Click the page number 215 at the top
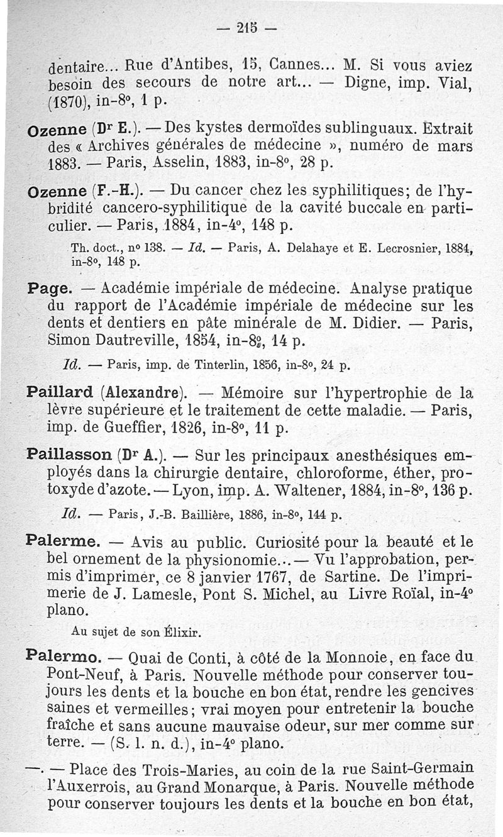pos(250,28)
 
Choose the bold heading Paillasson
pos(69,454)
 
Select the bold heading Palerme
pos(62,541)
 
